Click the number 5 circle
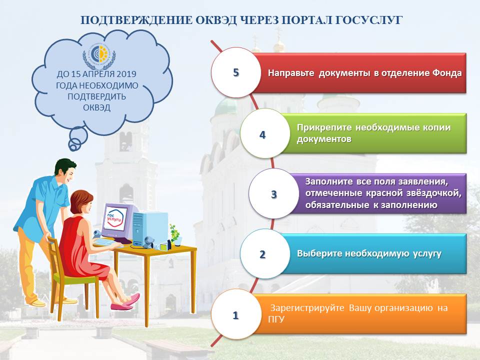point(236,72)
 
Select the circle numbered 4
point(265,133)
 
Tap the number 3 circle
point(273,193)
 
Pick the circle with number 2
point(265,254)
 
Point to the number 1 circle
point(236,314)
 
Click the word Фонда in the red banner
point(446,73)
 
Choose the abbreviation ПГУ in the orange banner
point(276,319)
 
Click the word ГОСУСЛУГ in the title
point(368,20)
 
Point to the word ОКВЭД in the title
point(216,20)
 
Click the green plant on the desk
point(174,233)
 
